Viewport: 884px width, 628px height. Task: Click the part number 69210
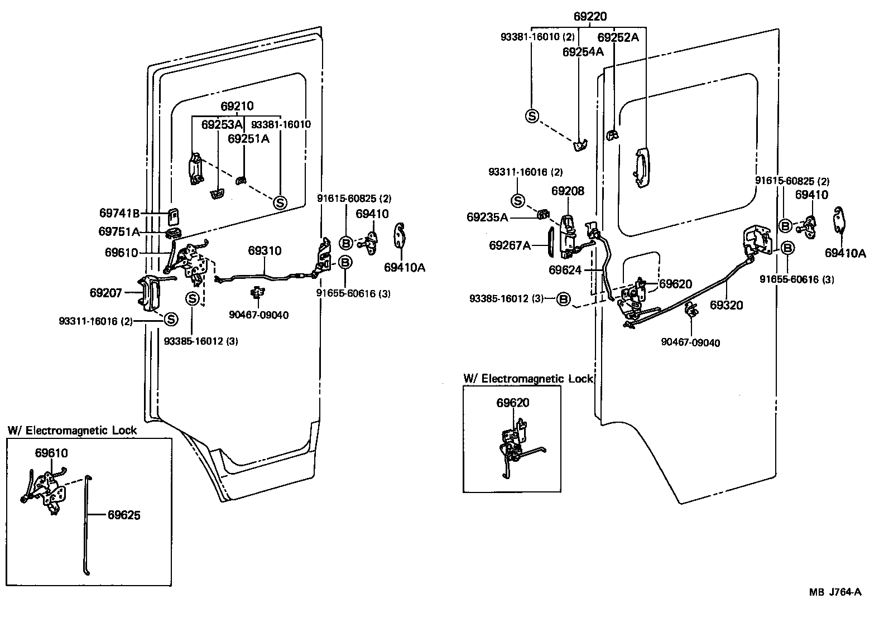237,106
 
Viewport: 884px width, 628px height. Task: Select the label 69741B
119,213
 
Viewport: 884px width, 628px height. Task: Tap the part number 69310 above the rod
265,251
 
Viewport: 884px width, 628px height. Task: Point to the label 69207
105,292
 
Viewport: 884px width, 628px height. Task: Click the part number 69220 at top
589,17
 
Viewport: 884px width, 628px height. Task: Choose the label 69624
565,270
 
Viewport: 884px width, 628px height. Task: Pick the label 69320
726,305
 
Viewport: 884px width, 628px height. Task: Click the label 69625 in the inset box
124,515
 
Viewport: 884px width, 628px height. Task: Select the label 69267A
510,245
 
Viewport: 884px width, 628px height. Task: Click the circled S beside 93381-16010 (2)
532,116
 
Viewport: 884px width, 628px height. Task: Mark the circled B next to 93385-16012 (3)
564,299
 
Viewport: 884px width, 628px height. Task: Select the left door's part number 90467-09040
258,315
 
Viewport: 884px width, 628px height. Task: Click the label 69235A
487,217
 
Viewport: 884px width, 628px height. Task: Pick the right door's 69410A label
845,253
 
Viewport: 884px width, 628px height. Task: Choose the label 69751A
119,231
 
